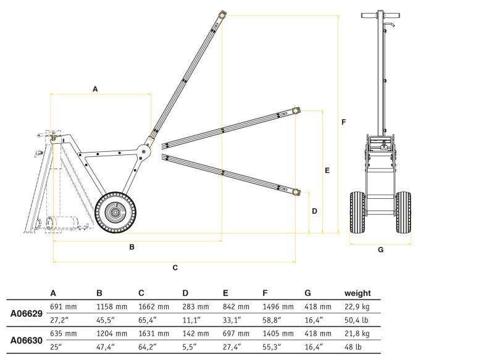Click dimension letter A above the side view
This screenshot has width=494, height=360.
tap(95, 89)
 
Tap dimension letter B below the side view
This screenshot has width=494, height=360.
tap(132, 247)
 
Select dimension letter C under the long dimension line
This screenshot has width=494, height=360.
tap(175, 267)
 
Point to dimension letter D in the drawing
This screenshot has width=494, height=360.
tap(314, 211)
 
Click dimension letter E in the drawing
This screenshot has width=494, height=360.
tap(327, 169)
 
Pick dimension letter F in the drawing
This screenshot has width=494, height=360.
tap(343, 122)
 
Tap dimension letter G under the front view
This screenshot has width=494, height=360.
tap(380, 249)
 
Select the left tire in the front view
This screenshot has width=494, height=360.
tap(357, 212)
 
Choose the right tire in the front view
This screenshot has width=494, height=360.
tap(404, 212)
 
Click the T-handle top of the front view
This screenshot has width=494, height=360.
tap(380, 14)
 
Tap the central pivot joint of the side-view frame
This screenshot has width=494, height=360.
tap(143, 149)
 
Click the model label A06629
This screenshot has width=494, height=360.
tap(27, 314)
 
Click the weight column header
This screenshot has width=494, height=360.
tap(358, 293)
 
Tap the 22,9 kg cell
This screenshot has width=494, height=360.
tap(357, 306)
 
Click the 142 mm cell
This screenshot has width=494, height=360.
tap(195, 333)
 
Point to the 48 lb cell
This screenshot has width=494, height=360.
tap(353, 346)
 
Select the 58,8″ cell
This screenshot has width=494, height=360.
tap(272, 320)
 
